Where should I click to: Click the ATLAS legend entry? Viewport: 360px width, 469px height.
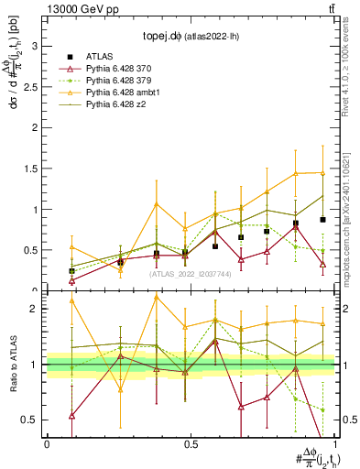102,57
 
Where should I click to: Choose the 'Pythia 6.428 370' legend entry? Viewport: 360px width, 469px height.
120,69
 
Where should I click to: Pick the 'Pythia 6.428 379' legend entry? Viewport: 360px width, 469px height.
120,81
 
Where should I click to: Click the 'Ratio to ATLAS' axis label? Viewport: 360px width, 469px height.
12,365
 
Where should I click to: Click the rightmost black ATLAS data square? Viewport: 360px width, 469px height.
322,220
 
